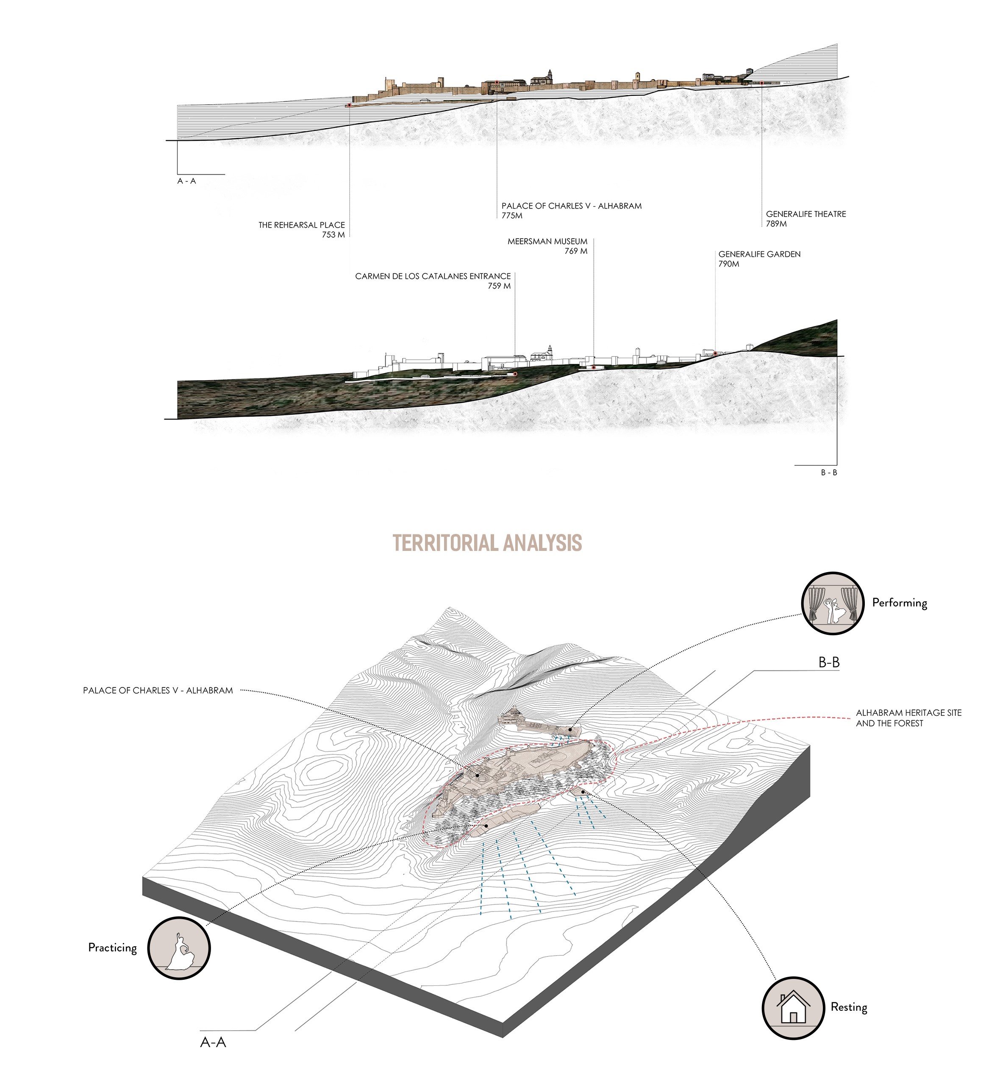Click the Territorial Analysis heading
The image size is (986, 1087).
pyautogui.click(x=487, y=542)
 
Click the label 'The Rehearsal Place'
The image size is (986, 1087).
pyautogui.click(x=301, y=225)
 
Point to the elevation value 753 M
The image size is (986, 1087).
pyautogui.click(x=333, y=234)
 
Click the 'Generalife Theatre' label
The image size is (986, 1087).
pyautogui.click(x=805, y=214)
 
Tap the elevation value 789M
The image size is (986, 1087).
pyautogui.click(x=776, y=224)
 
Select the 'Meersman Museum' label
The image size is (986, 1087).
pyautogui.click(x=547, y=242)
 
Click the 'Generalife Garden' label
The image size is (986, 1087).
pyautogui.click(x=759, y=254)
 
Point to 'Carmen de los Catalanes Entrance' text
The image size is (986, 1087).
pyautogui.click(x=432, y=276)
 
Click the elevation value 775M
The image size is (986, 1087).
pyautogui.click(x=511, y=216)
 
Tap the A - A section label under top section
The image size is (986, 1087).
pyautogui.click(x=186, y=181)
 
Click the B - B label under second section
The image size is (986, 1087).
pyautogui.click(x=828, y=473)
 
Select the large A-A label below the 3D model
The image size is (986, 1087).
pyautogui.click(x=213, y=1042)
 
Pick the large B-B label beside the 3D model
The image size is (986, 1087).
pyautogui.click(x=828, y=663)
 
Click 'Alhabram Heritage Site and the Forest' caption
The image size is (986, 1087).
pyautogui.click(x=908, y=717)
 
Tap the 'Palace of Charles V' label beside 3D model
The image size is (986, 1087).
pyautogui.click(x=158, y=690)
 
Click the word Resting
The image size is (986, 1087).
pyautogui.click(x=849, y=1007)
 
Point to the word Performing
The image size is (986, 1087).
pyautogui.click(x=899, y=603)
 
